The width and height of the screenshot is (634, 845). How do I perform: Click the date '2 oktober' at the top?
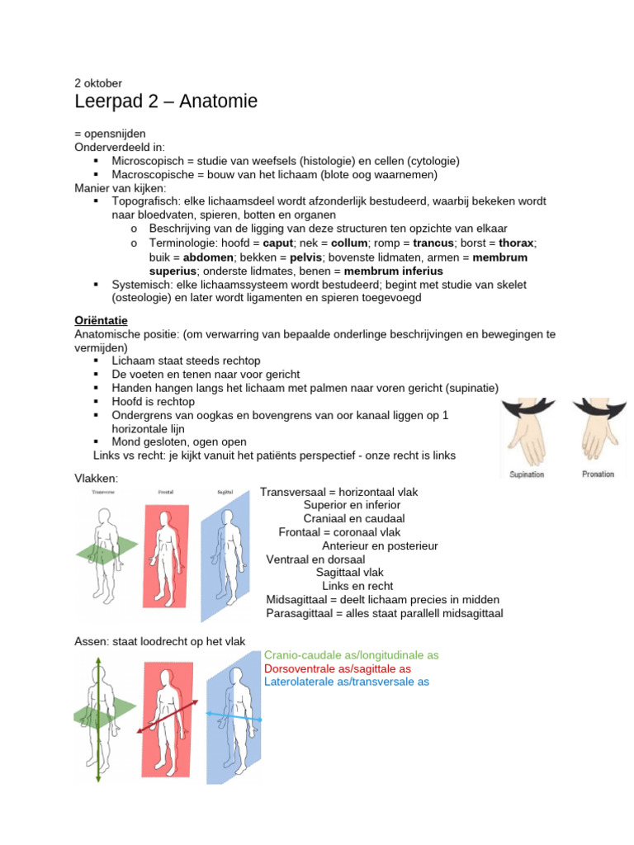[99, 83]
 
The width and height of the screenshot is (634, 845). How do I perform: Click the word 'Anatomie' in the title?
[215, 101]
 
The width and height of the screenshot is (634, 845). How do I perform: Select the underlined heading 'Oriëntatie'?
[101, 319]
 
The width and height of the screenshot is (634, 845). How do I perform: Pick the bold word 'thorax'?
[516, 243]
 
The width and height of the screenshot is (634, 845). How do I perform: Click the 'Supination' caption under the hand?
[527, 474]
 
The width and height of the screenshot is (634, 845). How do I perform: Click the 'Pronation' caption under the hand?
[598, 474]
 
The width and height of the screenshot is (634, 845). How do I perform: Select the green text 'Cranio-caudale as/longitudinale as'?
[351, 655]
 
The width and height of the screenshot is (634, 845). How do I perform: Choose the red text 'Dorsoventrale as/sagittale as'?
[338, 668]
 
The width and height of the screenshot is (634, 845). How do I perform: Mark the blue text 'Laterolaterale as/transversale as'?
[347, 682]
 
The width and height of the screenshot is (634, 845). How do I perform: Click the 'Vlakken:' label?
[97, 479]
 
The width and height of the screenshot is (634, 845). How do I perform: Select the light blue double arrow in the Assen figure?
[233, 716]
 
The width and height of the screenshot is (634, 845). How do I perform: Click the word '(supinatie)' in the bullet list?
[470, 388]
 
